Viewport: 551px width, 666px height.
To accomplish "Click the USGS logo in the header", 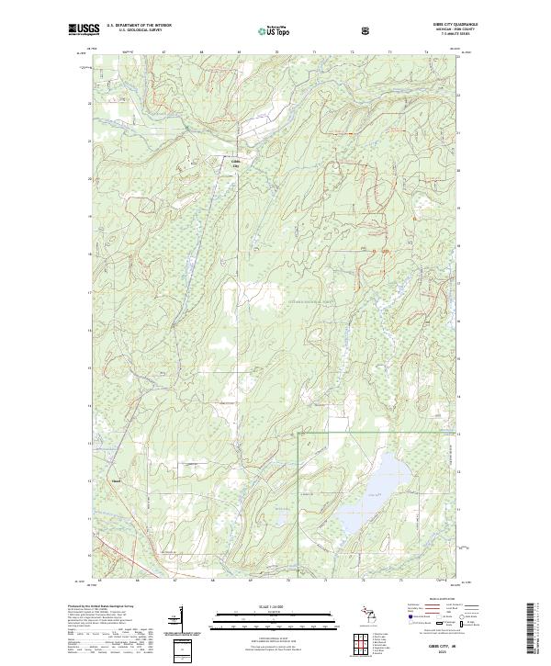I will tap(84, 30).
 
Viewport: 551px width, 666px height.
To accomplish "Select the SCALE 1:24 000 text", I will tap(275, 606).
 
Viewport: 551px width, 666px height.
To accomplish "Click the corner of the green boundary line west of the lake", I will tap(297, 432).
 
